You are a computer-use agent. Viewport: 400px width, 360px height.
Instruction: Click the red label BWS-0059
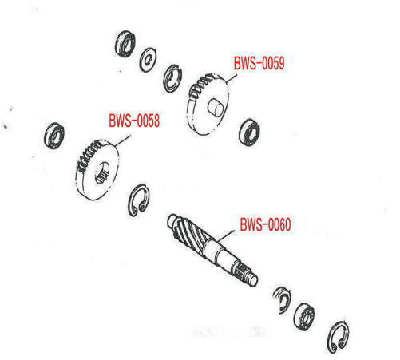click(259, 63)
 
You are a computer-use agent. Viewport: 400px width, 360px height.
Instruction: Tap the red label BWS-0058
click(134, 121)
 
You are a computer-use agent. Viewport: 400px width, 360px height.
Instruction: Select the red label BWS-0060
click(265, 224)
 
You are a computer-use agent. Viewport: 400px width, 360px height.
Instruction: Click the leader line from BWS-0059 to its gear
click(231, 78)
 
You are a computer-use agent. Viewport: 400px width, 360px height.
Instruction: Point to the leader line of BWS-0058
click(122, 140)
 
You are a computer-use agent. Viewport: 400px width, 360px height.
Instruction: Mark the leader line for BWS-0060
click(226, 236)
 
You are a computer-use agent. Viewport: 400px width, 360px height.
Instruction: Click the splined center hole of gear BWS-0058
click(102, 173)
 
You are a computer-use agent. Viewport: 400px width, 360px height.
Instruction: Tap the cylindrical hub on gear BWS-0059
click(216, 108)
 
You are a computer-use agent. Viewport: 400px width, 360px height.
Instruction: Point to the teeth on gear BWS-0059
click(203, 85)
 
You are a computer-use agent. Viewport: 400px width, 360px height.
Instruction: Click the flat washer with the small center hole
click(148, 60)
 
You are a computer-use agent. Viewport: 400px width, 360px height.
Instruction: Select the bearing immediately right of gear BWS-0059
click(249, 132)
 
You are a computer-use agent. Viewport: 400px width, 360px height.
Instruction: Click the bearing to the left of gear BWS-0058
click(54, 136)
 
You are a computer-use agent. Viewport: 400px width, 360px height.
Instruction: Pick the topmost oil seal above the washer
click(125, 44)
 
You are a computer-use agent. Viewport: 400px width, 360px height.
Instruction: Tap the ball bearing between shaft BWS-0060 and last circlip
click(305, 317)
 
